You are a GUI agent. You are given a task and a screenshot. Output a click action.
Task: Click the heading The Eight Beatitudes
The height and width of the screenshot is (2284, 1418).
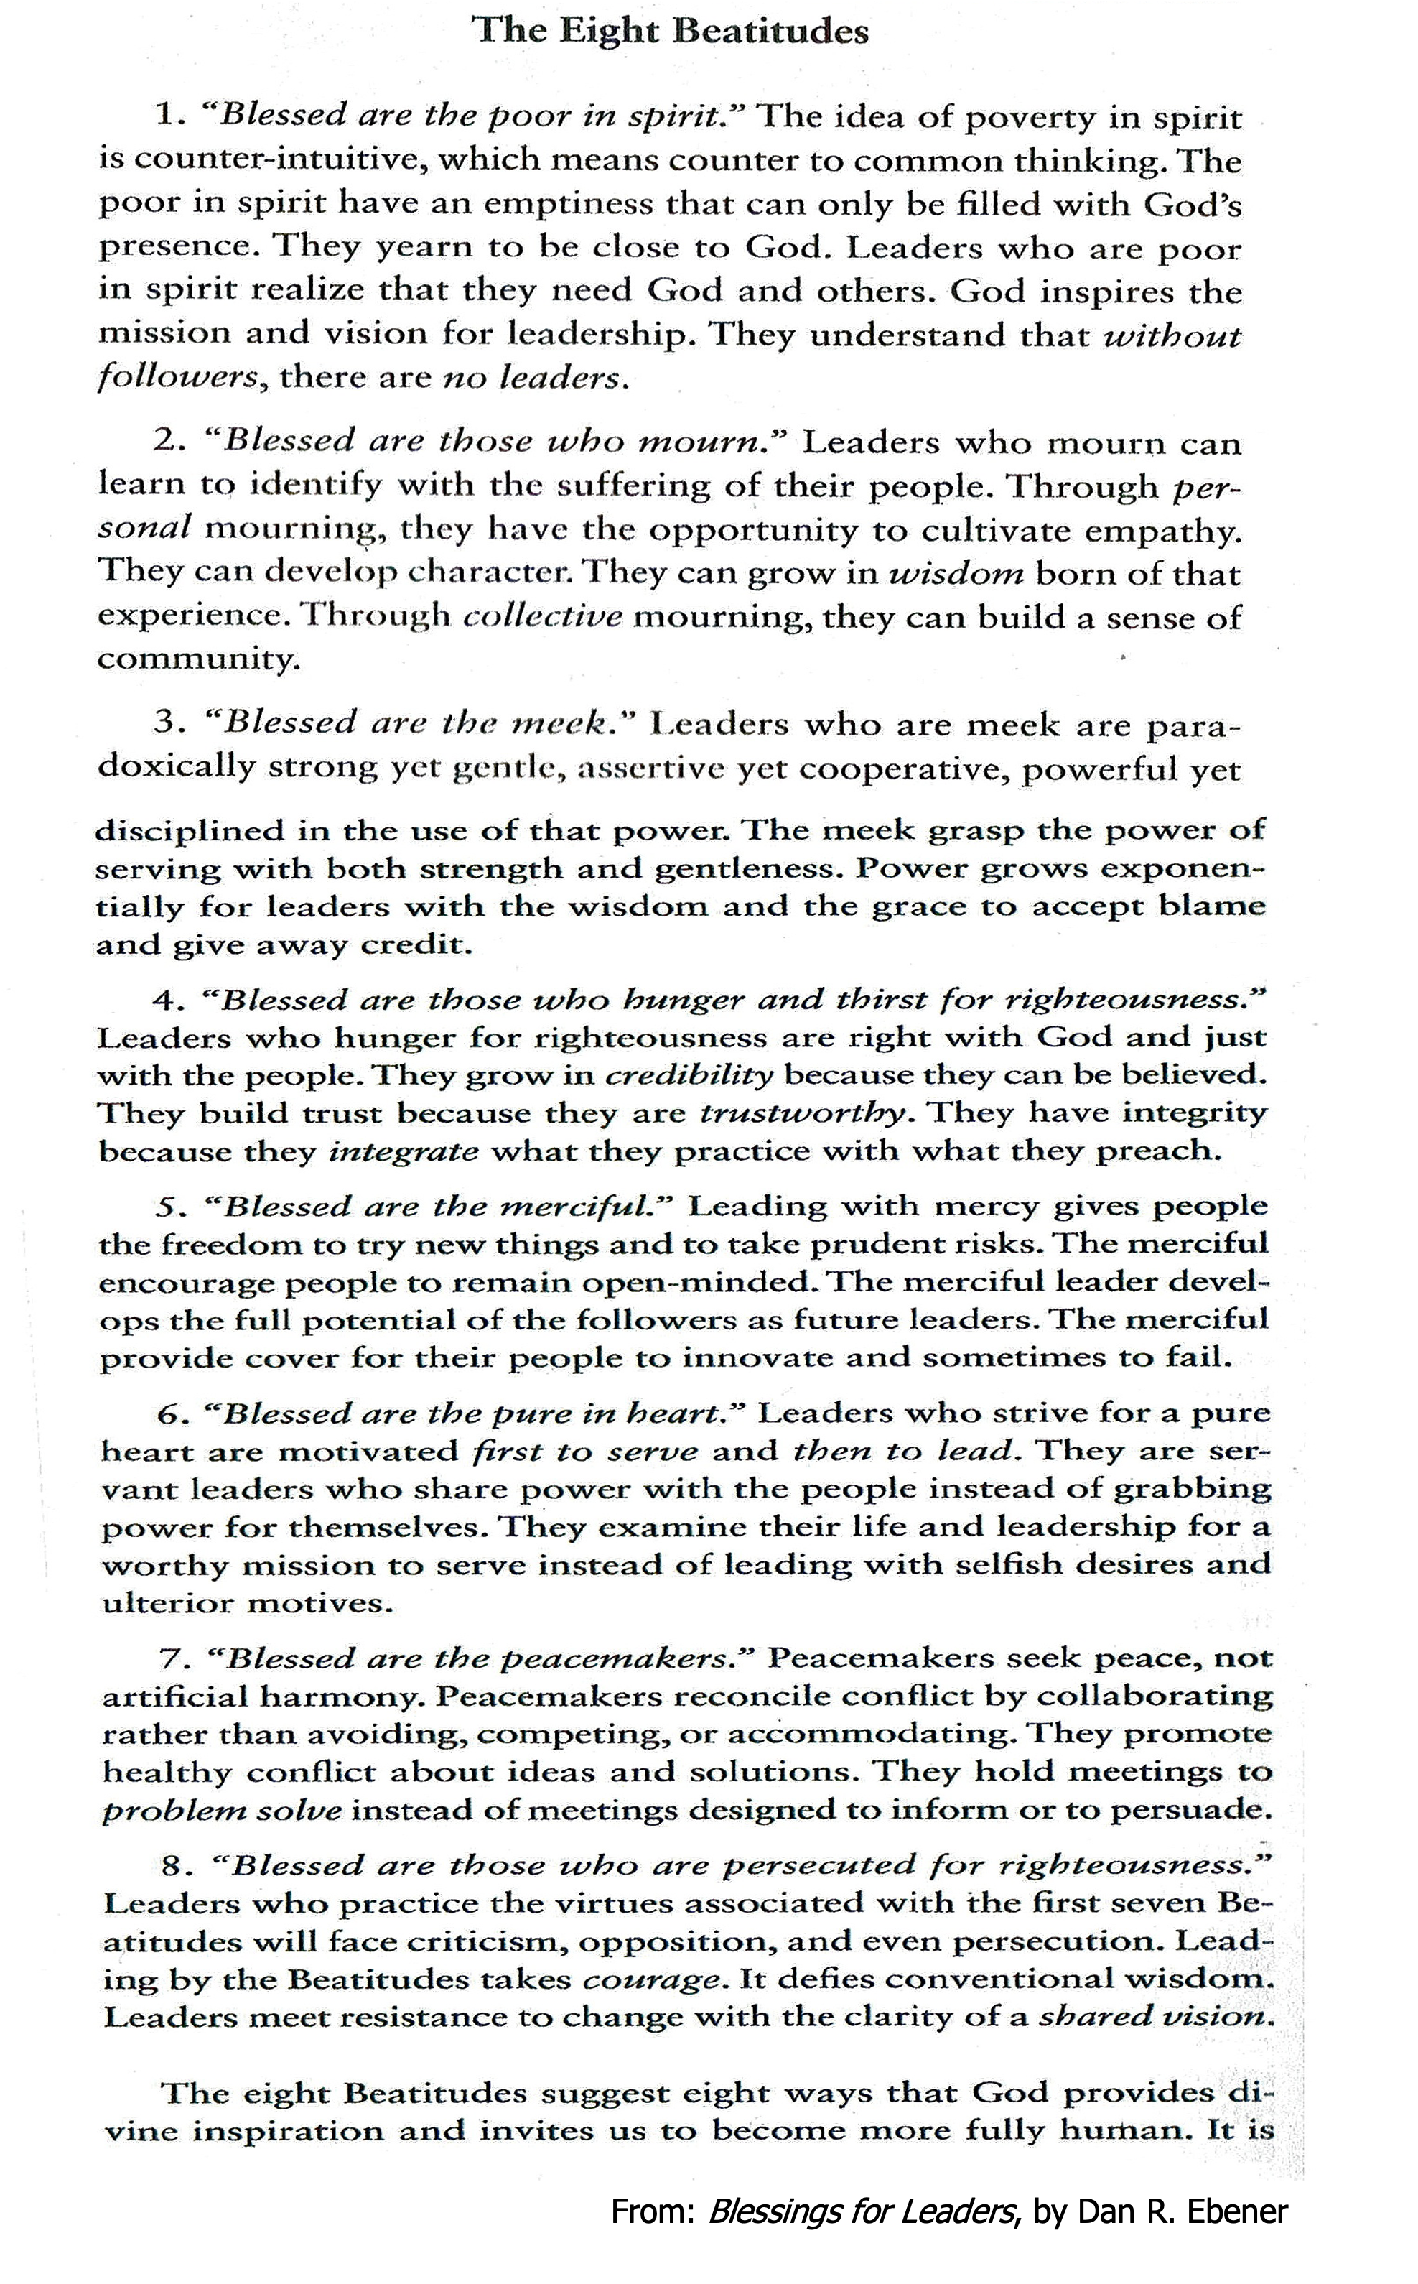pyautogui.click(x=671, y=32)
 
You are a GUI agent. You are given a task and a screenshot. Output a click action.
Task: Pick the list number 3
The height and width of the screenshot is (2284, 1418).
pyautogui.click(x=165, y=723)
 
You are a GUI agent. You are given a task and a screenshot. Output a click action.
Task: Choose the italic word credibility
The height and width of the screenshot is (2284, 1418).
pyautogui.click(x=690, y=1076)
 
